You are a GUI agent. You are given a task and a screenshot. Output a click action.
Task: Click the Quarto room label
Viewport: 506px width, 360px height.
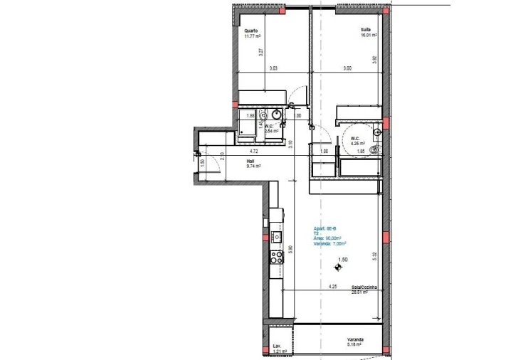tap(251, 31)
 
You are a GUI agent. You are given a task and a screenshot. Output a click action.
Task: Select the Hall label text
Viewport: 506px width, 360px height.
tap(250, 161)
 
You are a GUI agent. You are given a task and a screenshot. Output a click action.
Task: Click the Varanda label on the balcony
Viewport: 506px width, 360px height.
tap(355, 339)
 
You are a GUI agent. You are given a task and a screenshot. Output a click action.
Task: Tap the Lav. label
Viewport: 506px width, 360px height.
tap(277, 346)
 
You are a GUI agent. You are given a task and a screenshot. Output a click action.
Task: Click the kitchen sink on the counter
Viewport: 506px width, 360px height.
tap(276, 237)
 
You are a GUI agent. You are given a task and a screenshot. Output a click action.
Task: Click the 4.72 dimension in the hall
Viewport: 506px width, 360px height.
tap(253, 152)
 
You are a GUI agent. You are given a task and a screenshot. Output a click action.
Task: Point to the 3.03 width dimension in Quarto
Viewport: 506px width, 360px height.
tap(273, 68)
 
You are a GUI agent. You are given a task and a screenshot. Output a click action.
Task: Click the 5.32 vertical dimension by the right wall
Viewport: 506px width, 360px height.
tap(374, 254)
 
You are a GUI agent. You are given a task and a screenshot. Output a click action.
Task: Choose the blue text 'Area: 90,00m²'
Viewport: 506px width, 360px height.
tap(327, 238)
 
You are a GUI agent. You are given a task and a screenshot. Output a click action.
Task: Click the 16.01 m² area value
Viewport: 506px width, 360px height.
tap(368, 34)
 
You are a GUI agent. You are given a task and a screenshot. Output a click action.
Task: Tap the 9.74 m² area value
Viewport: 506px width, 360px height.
tap(253, 166)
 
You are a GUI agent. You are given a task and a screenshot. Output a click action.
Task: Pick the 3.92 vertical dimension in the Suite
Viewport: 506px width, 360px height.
tap(374, 60)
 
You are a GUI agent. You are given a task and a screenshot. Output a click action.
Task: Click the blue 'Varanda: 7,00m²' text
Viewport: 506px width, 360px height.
tap(330, 244)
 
